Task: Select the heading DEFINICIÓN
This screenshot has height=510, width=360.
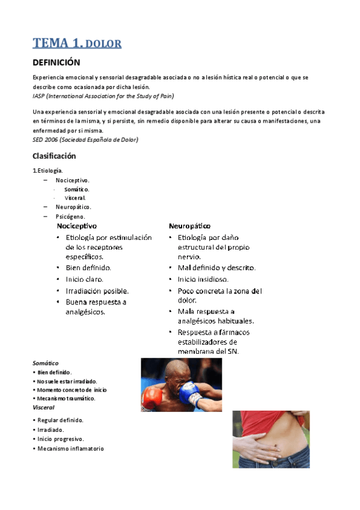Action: coord(56,63)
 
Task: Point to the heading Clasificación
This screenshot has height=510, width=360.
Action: coord(54,156)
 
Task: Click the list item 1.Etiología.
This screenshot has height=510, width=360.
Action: coord(47,171)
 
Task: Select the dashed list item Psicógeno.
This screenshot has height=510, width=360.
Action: coord(70,216)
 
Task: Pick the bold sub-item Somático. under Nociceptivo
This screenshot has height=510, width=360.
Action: coord(76,189)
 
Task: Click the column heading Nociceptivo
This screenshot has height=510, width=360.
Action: coord(76,226)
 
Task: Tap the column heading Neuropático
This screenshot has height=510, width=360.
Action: coord(190,226)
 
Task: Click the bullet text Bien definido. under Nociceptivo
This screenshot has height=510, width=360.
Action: coord(88,268)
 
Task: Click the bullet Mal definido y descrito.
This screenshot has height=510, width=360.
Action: coord(216,268)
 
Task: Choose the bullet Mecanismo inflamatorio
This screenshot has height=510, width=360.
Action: coord(70,448)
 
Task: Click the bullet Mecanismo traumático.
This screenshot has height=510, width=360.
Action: coord(66,398)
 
